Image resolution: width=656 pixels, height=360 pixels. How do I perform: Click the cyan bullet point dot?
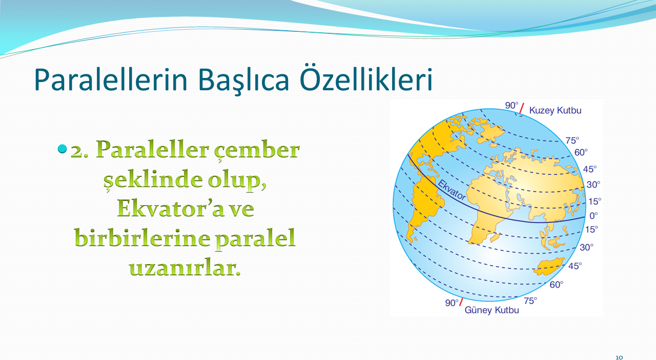pos(63,149)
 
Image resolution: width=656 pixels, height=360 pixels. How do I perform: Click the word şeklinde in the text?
pos(153,179)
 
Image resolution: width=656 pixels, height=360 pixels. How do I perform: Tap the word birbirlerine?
pos(142,238)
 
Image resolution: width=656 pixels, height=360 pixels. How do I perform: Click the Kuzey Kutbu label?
pos(555,111)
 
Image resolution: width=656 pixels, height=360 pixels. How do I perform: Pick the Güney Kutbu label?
pos(491,310)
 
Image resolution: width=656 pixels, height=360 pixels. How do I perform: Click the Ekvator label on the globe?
pos(452,190)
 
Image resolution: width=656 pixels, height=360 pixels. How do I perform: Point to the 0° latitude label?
pos(593,216)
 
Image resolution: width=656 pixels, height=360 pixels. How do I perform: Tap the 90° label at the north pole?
pos(511,105)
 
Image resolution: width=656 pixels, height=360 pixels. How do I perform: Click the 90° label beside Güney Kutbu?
pos(452,303)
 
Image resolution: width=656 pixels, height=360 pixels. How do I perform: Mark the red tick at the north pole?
pos(522,108)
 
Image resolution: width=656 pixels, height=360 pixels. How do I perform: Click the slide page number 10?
pos(619,357)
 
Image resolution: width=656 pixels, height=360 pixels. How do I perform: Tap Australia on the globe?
pos(549,267)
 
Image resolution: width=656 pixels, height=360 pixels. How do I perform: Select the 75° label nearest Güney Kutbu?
pos(530,301)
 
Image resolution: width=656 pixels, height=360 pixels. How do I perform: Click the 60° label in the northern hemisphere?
pos(581,152)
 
